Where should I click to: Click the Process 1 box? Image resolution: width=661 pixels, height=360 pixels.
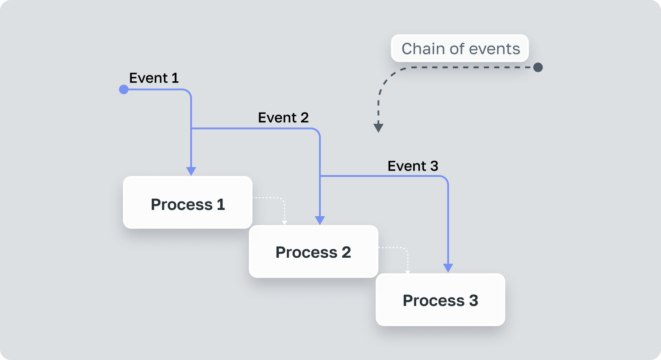[x=188, y=202]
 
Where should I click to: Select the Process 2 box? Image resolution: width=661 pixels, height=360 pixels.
[x=313, y=251]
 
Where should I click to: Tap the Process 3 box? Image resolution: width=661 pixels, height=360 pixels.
[x=440, y=300]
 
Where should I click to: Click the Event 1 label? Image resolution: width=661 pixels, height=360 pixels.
[x=154, y=78]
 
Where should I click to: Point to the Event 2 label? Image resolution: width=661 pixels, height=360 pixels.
[x=283, y=118]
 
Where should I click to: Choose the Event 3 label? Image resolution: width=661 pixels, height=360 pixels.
[x=413, y=166]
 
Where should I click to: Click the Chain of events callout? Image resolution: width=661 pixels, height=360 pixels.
[x=460, y=48]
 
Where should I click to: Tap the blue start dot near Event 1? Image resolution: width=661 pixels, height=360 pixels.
[x=124, y=90]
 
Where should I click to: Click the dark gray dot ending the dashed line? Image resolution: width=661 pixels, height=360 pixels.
[x=538, y=67]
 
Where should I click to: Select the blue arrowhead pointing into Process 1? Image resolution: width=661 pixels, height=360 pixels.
[x=191, y=171]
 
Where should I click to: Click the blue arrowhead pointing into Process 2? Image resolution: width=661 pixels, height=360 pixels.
[x=320, y=220]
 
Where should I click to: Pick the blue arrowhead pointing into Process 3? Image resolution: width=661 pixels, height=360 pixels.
[x=448, y=268]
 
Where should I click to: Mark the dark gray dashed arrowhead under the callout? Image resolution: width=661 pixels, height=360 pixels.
[x=378, y=128]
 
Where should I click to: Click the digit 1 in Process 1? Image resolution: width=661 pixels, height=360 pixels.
[x=220, y=205]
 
